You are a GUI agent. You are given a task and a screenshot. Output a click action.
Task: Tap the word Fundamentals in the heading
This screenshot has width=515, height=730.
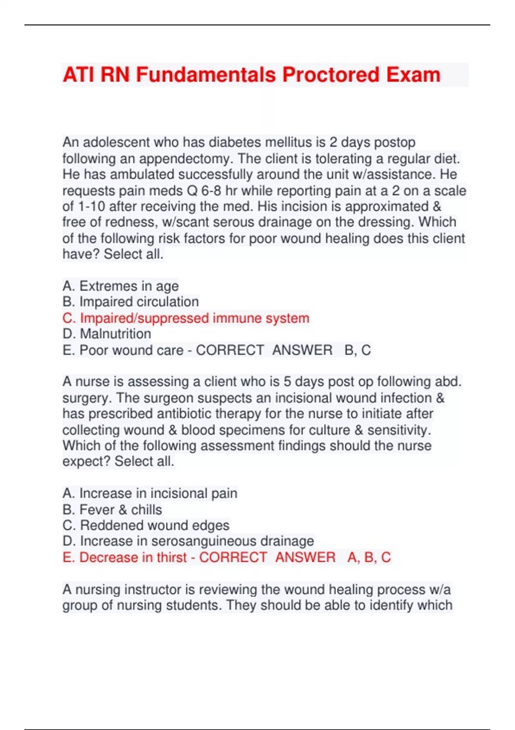pyautogui.click(x=206, y=75)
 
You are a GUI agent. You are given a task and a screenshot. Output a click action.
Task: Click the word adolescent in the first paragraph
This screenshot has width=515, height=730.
pyautogui.click(x=115, y=142)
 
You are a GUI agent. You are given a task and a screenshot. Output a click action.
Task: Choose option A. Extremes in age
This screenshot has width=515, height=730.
pyautogui.click(x=120, y=286)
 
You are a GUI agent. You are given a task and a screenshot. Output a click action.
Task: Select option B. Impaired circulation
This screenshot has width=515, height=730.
pyautogui.click(x=130, y=302)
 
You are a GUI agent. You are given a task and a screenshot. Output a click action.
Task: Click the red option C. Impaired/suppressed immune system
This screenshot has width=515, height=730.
pyautogui.click(x=185, y=318)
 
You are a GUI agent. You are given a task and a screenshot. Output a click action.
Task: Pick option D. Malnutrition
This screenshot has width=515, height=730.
pyautogui.click(x=106, y=334)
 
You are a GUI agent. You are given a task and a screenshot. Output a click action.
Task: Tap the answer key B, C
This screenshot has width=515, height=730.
pyautogui.click(x=357, y=350)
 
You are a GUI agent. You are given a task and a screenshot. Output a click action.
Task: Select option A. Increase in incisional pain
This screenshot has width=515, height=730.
pyautogui.click(x=149, y=493)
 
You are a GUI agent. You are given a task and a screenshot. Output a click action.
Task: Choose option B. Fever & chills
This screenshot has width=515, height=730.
pyautogui.click(x=112, y=510)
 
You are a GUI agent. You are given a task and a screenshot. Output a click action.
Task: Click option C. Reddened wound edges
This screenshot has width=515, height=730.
pyautogui.click(x=146, y=525)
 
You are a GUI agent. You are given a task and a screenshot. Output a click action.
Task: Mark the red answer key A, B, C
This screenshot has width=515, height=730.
pyautogui.click(x=369, y=557)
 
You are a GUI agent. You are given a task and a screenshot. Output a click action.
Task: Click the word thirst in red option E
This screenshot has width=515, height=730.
pyautogui.click(x=172, y=557)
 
